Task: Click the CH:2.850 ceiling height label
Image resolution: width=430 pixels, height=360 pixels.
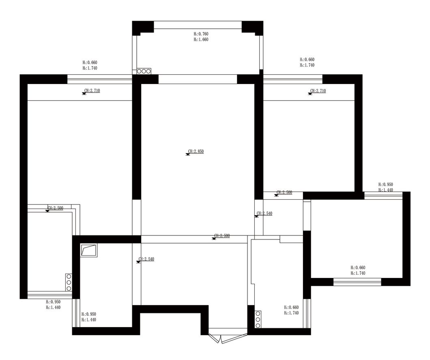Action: pos(196,151)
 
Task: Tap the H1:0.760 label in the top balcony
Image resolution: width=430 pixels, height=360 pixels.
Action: pos(201,34)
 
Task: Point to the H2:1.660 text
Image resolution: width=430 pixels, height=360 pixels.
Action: pos(201,39)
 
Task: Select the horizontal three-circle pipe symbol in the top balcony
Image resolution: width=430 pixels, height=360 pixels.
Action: pos(144,71)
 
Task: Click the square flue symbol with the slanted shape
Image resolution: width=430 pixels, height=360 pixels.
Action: pos(89,250)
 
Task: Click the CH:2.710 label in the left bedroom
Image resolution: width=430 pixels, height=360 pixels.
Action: pos(92,91)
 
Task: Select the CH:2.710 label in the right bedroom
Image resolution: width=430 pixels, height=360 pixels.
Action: pos(318,91)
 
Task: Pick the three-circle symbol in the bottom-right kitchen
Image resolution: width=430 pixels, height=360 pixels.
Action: pos(258,319)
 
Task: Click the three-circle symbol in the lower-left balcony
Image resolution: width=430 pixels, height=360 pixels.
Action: pos(69,282)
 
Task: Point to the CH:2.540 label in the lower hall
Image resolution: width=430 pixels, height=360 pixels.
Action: pos(146,259)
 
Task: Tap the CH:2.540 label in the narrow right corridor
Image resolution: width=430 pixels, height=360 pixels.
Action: pos(264,213)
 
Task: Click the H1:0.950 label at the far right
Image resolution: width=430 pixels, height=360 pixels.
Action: pos(385,185)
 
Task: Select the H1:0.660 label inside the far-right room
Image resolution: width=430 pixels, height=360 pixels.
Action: pos(358,268)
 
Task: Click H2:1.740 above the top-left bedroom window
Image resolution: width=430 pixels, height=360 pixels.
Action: pos(90,68)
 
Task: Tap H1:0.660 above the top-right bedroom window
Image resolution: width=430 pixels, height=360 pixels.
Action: pos(307,60)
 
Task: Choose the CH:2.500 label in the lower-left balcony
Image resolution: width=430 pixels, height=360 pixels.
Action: pos(55,208)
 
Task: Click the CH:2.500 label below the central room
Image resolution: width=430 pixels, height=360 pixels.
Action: pos(222,236)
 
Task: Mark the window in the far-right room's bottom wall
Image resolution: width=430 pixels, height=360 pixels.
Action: pos(357,282)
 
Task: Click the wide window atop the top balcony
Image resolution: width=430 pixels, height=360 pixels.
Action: pos(198,25)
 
